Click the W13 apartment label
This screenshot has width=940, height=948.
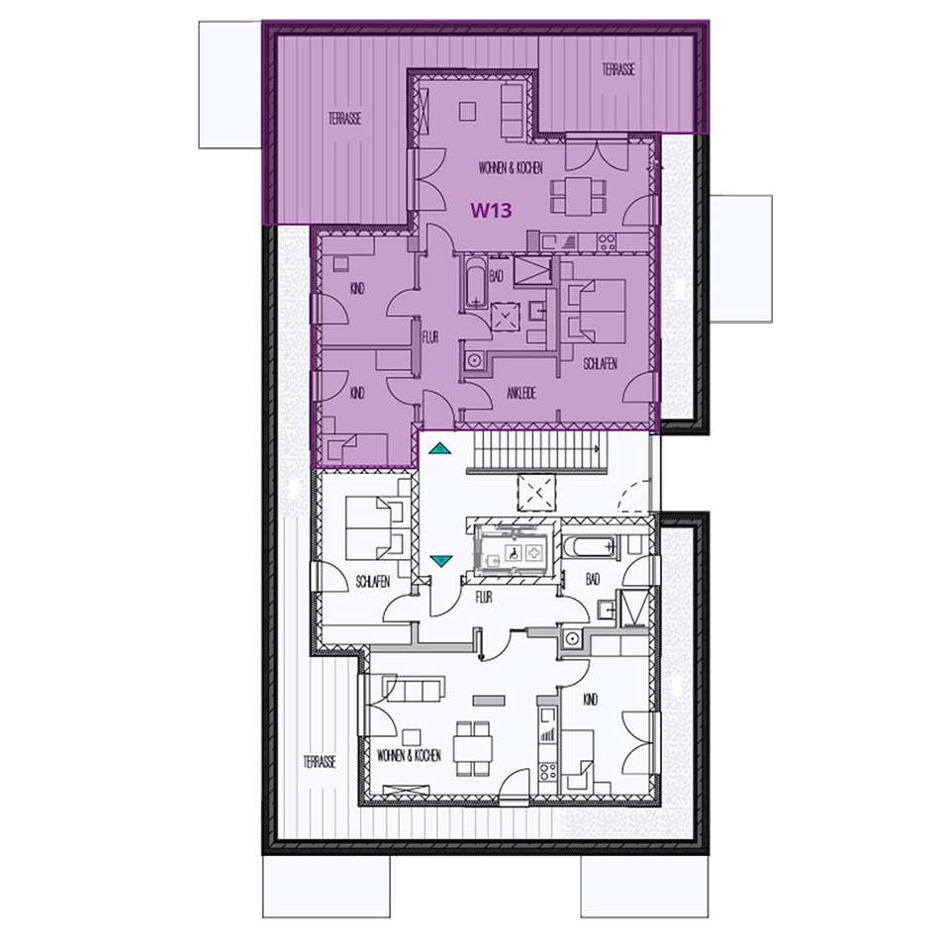point(492,211)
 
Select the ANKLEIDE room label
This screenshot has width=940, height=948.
point(521,393)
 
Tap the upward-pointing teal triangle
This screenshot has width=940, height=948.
point(439,448)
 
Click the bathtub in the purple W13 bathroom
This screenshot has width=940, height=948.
point(476,282)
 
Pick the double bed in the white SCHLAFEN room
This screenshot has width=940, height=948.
point(374,527)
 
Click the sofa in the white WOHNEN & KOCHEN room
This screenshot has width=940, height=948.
point(414,689)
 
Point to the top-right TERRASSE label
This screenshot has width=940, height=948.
point(618,69)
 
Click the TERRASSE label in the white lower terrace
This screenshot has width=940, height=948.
point(320,762)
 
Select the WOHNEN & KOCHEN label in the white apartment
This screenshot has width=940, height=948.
point(409,754)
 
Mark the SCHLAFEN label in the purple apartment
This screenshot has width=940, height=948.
point(601,363)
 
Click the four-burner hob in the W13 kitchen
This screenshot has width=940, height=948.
point(607,241)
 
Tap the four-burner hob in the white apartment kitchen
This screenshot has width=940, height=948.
point(547,772)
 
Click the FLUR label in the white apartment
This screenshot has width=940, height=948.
point(484,598)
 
